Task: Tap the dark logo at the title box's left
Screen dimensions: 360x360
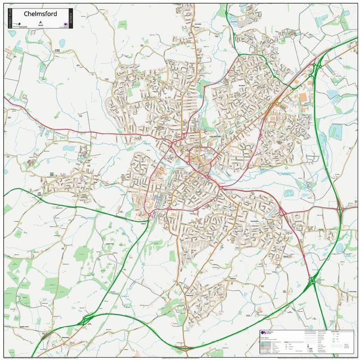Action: (x=15, y=22)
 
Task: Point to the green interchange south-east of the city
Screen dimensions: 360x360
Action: (x=312, y=281)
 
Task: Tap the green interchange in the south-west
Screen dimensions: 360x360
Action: (x=85, y=320)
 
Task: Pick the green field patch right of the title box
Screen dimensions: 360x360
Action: (x=122, y=25)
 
